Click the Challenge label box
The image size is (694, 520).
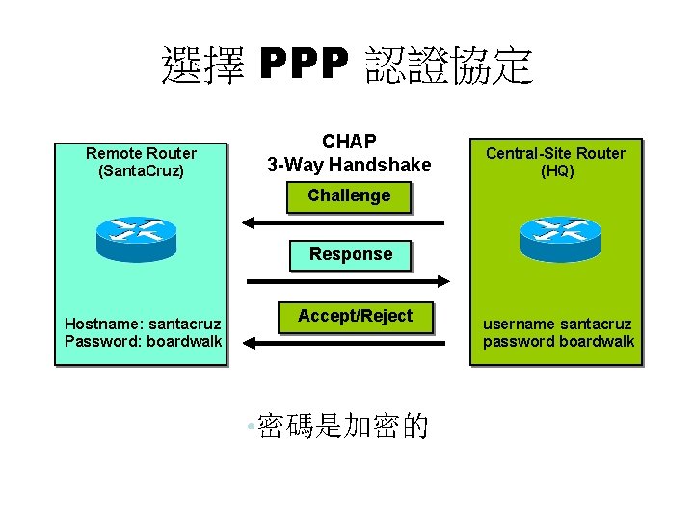349,195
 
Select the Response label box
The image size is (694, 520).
350,254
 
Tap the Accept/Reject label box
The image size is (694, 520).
355,316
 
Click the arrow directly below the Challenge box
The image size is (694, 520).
342,222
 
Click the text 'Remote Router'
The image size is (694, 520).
141,153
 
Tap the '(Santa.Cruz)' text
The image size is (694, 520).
141,170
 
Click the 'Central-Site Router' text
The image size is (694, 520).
555,153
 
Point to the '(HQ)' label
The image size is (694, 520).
555,170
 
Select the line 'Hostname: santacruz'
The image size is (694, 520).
142,324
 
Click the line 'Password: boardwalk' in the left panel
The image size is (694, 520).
143,341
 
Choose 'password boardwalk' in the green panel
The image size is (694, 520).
558,341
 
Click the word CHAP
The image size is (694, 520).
349,143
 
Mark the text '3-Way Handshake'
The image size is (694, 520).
349,165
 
